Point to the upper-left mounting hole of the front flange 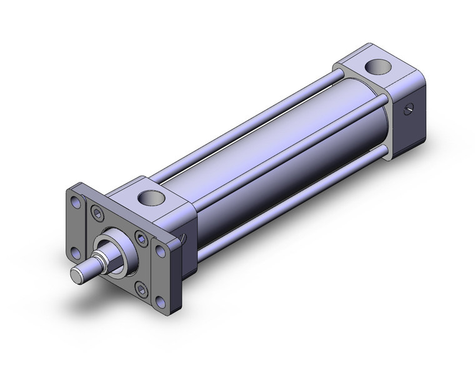(76, 203)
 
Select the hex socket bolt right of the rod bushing (141, 239)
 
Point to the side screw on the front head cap (182, 238)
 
